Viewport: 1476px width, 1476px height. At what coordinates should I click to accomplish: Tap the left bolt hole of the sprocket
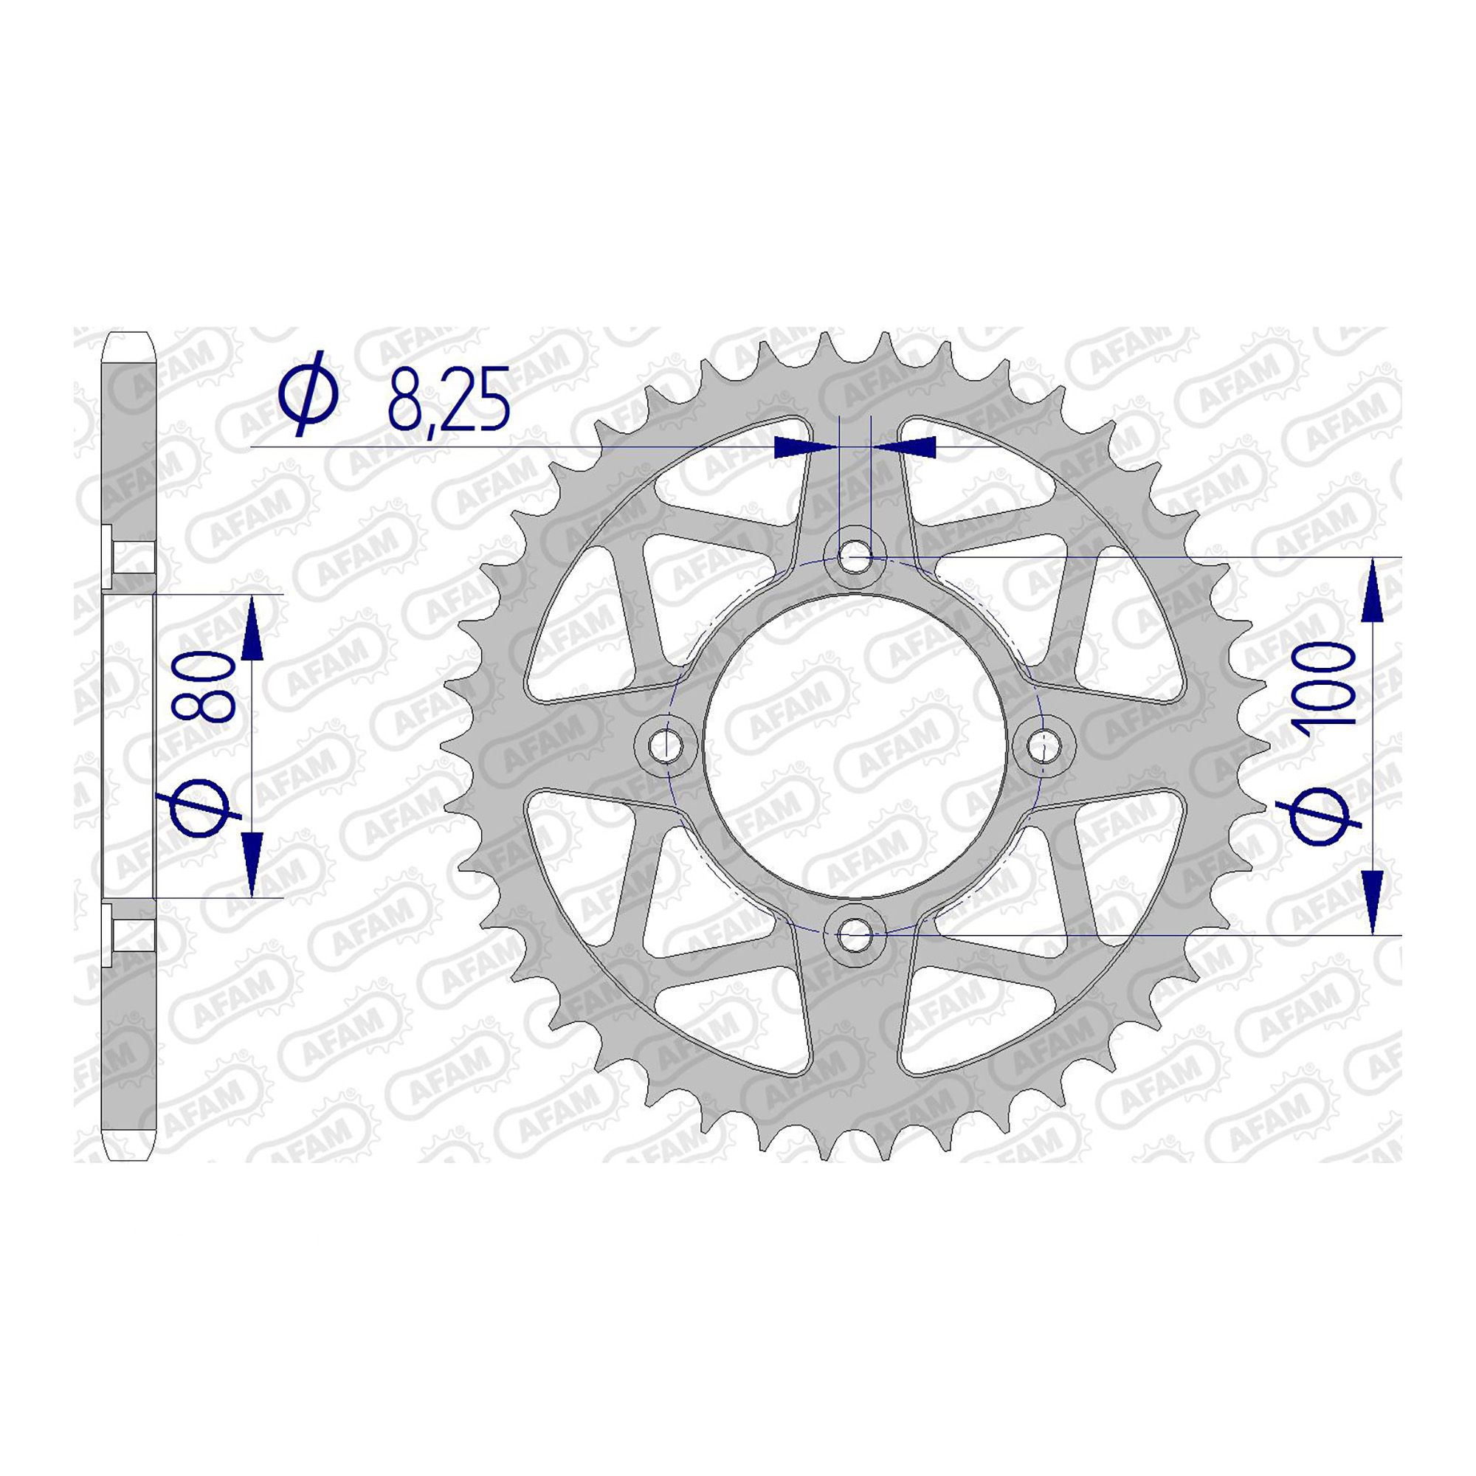point(668,742)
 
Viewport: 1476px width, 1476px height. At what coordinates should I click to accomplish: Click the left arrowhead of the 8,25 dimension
point(793,448)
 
